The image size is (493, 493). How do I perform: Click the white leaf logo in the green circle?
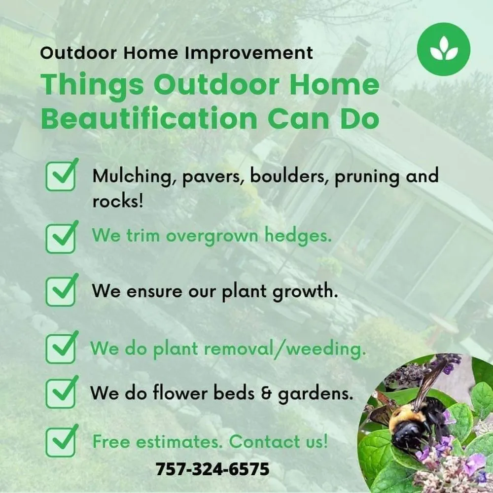click(x=443, y=49)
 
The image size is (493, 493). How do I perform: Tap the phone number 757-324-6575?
click(x=212, y=468)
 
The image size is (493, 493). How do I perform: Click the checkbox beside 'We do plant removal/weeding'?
click(x=61, y=349)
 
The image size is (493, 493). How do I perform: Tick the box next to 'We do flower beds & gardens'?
click(x=61, y=392)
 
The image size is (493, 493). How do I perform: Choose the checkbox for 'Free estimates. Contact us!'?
click(x=61, y=443)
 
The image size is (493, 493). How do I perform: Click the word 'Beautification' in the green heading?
click(x=148, y=118)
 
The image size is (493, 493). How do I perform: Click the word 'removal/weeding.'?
click(x=284, y=349)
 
